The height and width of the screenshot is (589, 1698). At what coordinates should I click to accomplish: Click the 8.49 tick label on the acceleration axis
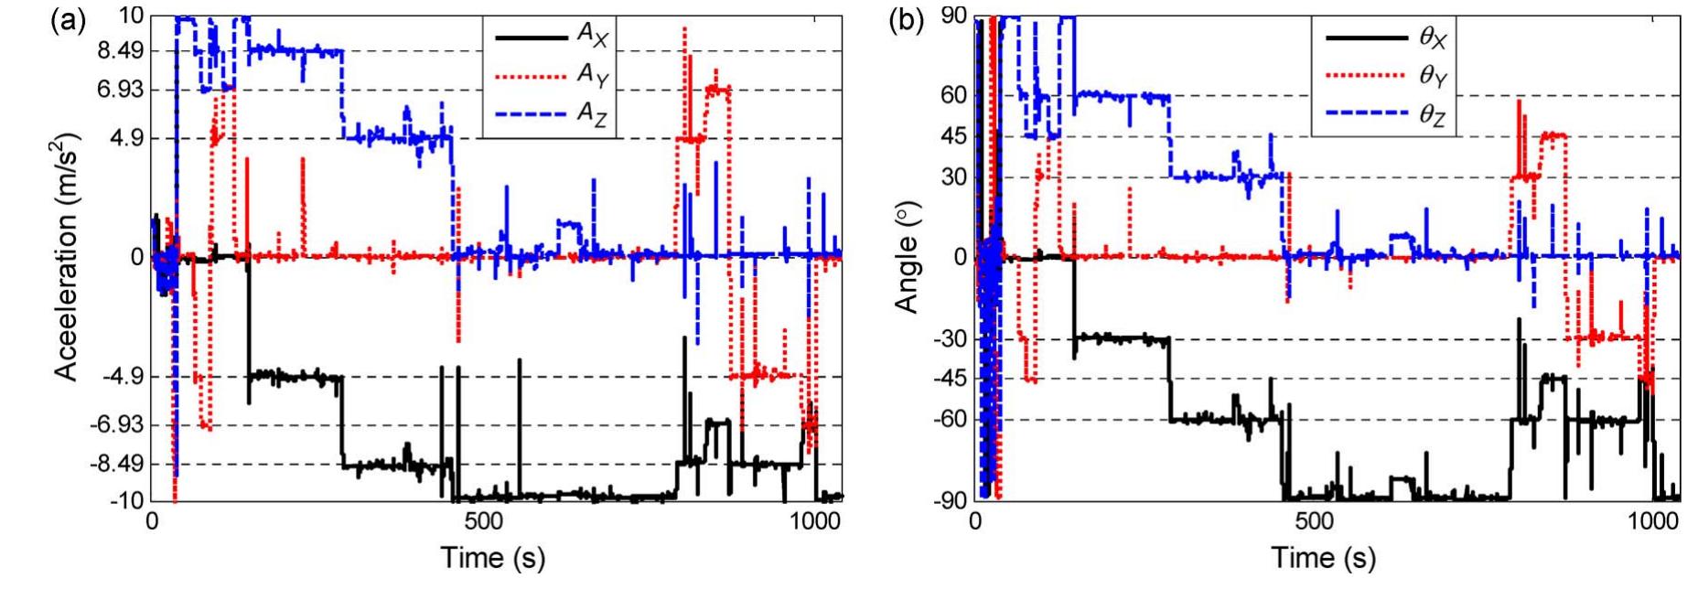coord(115,52)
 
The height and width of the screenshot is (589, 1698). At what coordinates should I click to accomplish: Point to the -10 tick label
coord(124,500)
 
